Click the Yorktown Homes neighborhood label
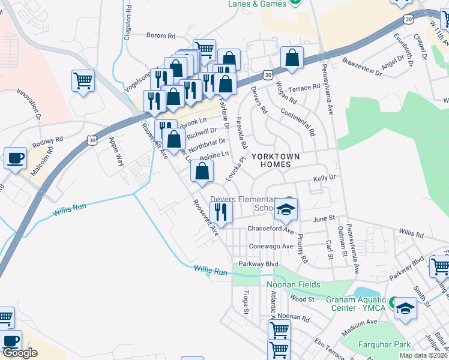click(x=276, y=160)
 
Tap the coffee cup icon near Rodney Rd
click(x=15, y=159)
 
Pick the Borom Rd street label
click(x=162, y=36)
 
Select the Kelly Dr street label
click(x=324, y=179)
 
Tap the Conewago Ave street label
click(x=271, y=246)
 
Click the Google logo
click(x=20, y=353)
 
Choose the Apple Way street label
click(x=115, y=152)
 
